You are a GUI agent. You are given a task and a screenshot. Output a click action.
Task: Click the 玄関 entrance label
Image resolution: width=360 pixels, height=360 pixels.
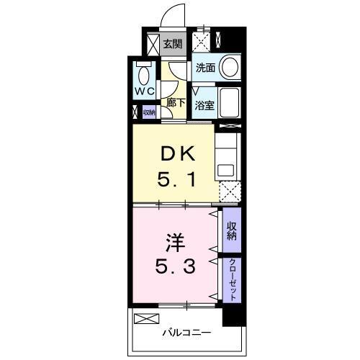pos(172,44)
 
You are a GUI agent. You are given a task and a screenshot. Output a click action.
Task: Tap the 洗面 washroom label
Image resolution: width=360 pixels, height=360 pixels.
pos(205,69)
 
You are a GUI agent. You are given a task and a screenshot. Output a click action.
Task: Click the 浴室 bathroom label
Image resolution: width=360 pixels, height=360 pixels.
pos(205,104)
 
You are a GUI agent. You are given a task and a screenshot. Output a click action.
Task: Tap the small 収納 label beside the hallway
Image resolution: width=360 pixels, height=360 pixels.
pos(149,112)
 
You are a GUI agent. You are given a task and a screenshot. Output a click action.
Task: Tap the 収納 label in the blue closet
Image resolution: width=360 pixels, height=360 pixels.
pos(232,232)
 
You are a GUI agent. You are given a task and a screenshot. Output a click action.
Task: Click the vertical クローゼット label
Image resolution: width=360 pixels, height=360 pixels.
pos(232,279)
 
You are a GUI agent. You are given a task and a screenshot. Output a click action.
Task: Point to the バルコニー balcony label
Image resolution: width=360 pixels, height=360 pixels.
pos(186,333)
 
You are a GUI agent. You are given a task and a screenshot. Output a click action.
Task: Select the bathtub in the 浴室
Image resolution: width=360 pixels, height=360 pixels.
pos(228,104)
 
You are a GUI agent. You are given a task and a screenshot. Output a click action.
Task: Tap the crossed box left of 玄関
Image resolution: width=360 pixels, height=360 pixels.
pos(153,45)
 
